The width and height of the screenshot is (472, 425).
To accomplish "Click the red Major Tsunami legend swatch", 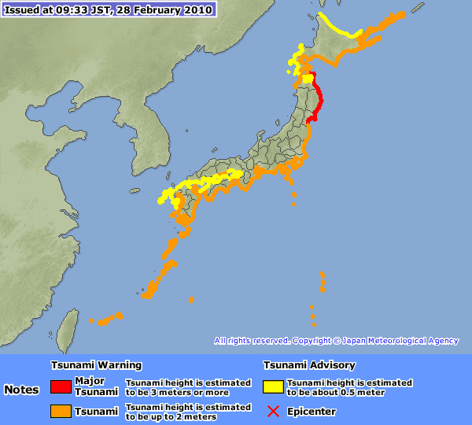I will [61, 386].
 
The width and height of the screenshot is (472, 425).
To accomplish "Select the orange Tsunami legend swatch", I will [61, 411].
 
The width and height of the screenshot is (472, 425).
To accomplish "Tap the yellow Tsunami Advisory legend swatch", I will [273, 386].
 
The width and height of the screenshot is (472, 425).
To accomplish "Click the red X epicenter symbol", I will [273, 411].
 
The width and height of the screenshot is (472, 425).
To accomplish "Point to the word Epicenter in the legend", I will [312, 411].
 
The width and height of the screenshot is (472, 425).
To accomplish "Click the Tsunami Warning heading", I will [96, 365].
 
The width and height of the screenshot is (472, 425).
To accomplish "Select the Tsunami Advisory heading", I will [308, 365].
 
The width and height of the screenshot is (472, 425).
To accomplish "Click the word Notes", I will [21, 390].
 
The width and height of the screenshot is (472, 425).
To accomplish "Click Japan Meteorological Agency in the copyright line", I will [400, 341].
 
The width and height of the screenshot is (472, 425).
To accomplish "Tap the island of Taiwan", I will [68, 329].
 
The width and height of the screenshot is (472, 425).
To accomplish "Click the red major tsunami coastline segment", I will [315, 98].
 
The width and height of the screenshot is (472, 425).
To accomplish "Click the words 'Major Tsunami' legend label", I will [90, 386].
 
